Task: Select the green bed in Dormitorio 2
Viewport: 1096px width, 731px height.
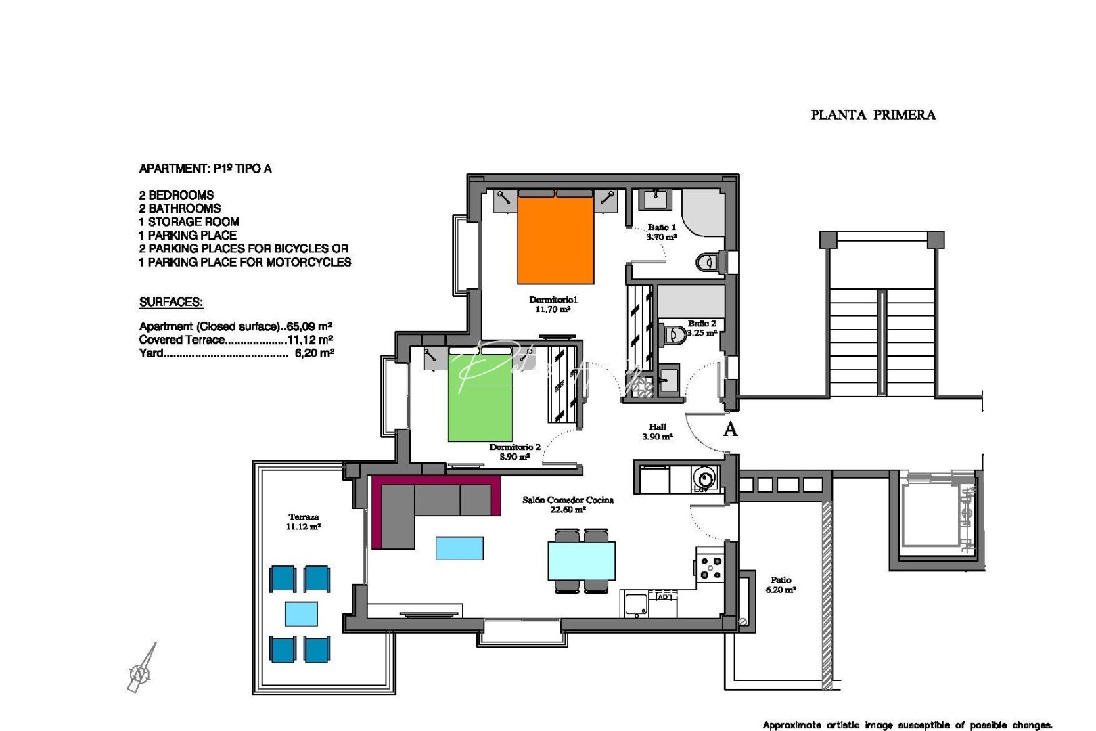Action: [x=480, y=399]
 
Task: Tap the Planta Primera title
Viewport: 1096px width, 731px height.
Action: [x=873, y=115]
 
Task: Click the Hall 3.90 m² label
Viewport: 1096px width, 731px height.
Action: [x=657, y=432]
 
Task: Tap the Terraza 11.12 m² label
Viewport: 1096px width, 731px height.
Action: [x=303, y=521]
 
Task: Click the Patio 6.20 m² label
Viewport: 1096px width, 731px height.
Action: [x=780, y=585]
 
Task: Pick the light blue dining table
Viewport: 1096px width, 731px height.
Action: [x=582, y=561]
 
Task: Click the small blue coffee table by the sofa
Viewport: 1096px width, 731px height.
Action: [x=459, y=548]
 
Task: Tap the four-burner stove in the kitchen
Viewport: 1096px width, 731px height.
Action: [x=710, y=567]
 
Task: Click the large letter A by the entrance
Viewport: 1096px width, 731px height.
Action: [x=730, y=428]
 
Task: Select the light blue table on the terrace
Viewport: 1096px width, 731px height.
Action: [x=301, y=614]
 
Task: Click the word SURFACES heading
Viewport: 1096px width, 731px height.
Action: [x=171, y=303]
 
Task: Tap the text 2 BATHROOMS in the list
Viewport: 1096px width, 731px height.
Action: [x=180, y=208]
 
